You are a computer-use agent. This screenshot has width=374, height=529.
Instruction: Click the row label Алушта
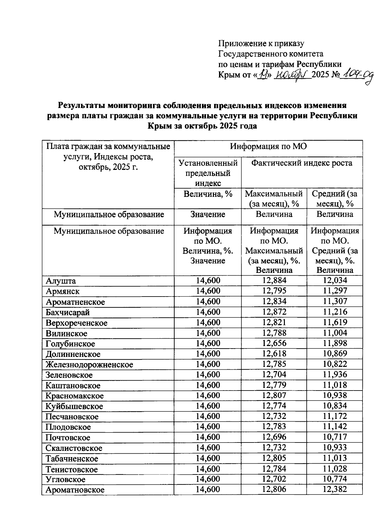[61, 281]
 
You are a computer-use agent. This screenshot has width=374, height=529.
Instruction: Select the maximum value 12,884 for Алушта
[274, 281]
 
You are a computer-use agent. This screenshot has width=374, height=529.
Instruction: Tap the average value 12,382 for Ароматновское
[335, 489]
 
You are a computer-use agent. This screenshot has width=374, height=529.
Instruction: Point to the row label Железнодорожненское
[89, 364]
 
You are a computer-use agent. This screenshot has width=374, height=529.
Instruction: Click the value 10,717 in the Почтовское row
[335, 437]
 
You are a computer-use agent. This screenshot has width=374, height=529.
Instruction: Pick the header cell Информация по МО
[268, 146]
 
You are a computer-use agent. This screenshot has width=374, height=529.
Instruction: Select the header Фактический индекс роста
[302, 163]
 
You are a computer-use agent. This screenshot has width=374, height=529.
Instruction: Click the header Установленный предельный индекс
[208, 173]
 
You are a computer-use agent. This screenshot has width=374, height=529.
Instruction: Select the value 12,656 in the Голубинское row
[274, 343]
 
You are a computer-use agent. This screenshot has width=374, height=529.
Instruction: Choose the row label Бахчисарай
[68, 312]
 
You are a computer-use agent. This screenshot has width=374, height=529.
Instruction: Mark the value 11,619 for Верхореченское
[335, 322]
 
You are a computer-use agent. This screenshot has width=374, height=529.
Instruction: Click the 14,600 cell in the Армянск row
[208, 291]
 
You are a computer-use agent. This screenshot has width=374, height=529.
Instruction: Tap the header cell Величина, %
[208, 194]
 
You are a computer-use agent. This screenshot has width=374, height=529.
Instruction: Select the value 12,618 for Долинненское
[274, 354]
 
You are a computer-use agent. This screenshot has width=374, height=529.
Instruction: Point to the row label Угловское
[65, 479]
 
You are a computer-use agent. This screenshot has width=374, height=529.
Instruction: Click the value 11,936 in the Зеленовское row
[335, 375]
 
